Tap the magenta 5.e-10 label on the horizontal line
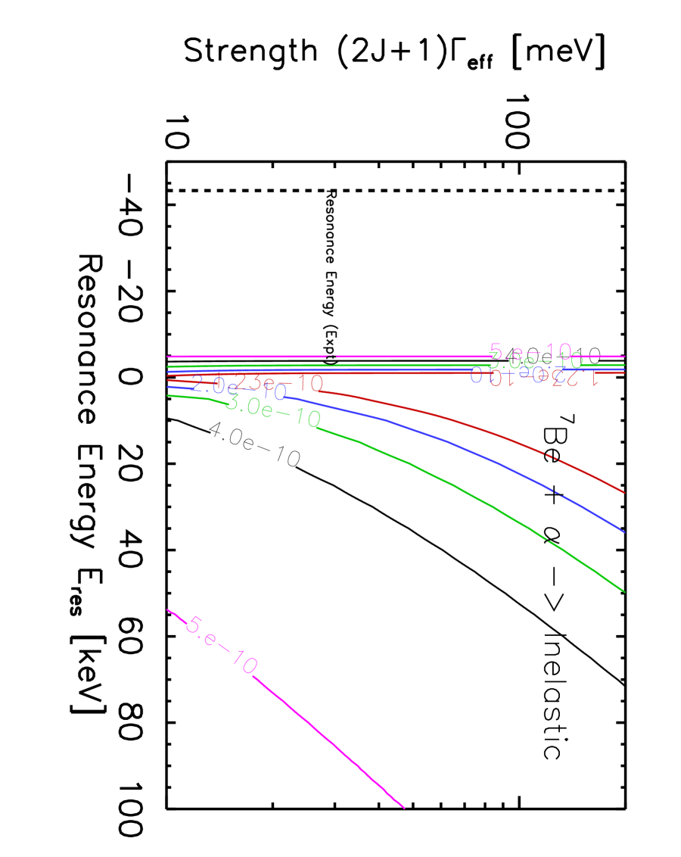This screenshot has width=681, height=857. click(530, 351)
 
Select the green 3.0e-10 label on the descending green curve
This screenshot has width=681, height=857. click(273, 410)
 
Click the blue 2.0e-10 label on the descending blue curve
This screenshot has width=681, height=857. click(238, 388)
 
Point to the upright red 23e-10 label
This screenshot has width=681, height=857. click(280, 382)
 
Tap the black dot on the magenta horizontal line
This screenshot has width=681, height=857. click(331, 359)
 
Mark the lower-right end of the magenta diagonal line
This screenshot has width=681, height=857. click(404, 808)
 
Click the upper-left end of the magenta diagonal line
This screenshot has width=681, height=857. click(167, 609)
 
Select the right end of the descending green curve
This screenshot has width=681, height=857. click(624, 591)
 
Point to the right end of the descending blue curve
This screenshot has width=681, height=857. click(624, 531)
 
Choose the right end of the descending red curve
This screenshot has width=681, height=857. click(624, 492)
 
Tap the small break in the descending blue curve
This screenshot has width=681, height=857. click(558, 493)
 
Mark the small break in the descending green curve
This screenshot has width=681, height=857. click(546, 540)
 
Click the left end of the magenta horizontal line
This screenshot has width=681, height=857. click(167, 356)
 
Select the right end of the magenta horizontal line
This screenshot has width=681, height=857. click(625, 356)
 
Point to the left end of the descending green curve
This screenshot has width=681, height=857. click(167, 395)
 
